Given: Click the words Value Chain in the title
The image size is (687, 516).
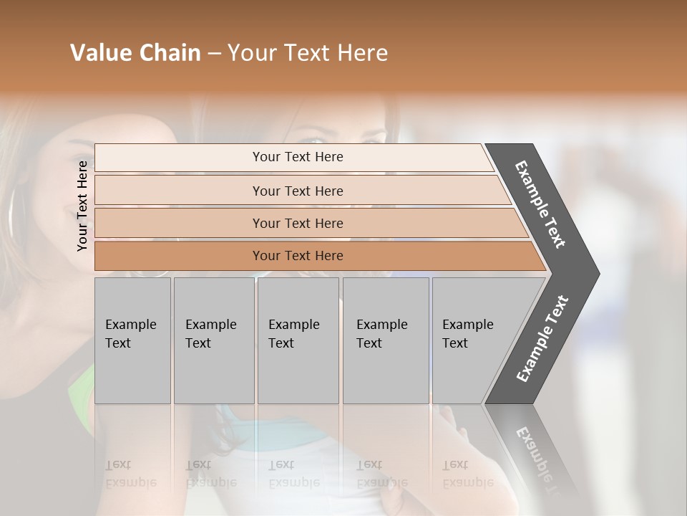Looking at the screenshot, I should (135, 53).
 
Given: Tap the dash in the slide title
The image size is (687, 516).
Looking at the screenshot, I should (214, 54).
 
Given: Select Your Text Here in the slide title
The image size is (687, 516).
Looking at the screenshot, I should (308, 53).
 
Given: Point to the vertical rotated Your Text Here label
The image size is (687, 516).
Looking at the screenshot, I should (82, 206).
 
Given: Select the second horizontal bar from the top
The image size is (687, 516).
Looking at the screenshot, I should (298, 191).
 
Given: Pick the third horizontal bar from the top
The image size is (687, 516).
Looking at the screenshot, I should (298, 223).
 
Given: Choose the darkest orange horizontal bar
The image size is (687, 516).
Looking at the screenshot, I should (298, 256).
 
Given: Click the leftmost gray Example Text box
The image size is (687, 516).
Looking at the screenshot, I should (132, 340).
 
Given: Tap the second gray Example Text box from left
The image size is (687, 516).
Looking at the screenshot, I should (214, 340).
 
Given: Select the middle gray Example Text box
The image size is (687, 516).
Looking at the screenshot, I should (298, 340).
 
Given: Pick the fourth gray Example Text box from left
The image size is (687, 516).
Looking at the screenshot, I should (386, 340).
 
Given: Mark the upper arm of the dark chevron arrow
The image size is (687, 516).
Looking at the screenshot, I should (541, 205).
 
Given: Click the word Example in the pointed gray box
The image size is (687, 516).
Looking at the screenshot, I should (467, 325).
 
